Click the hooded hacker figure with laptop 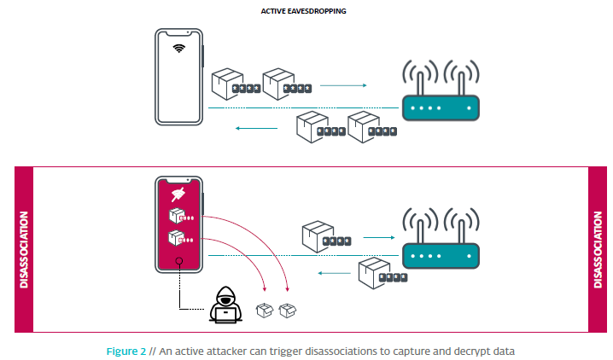point(225,305)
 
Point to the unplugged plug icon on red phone point(178,196)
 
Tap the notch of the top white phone point(178,32)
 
